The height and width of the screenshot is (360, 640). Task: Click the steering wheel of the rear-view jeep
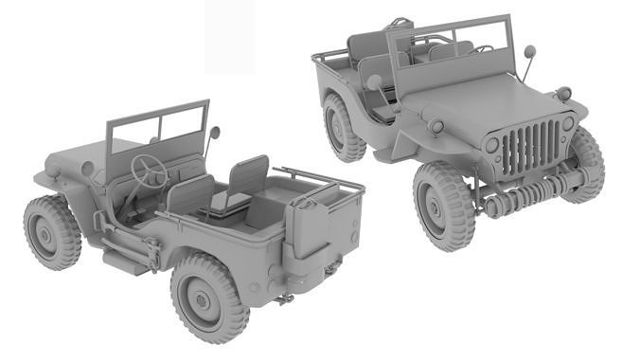coord(150,171)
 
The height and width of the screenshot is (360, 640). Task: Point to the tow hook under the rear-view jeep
coord(285,297)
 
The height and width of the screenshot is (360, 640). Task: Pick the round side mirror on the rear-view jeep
coord(215,133)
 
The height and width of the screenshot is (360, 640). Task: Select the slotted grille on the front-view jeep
coord(530,148)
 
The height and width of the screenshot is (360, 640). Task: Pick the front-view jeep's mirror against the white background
coord(529,51)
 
